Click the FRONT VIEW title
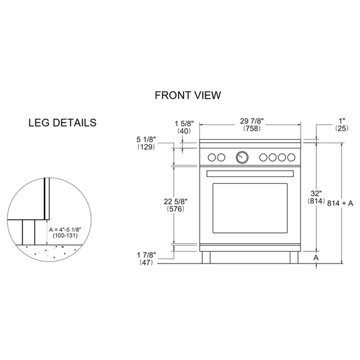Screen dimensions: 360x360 188,95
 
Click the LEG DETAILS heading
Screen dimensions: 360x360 62,123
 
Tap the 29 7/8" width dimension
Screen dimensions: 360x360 251,122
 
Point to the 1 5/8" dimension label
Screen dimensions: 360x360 184,124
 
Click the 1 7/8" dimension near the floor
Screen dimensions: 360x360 147,255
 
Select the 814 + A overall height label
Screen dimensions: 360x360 341,203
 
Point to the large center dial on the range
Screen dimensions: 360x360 242,157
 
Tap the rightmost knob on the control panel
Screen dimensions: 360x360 291,157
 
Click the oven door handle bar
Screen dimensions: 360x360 250,174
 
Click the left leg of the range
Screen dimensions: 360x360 206,257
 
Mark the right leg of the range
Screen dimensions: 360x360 294,257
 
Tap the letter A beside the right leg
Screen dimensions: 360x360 316,257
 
